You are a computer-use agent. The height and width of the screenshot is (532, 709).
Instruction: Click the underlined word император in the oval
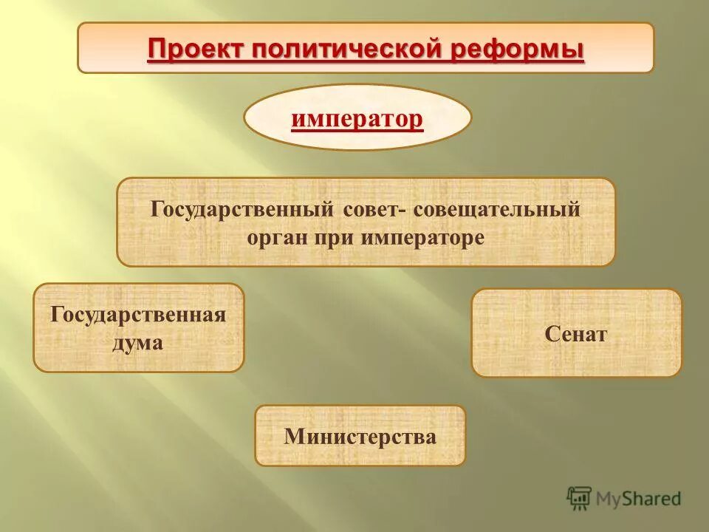tap(357, 118)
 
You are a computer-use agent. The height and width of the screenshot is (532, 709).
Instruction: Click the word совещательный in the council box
tap(496, 209)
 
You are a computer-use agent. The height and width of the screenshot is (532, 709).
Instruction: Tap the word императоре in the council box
tap(423, 238)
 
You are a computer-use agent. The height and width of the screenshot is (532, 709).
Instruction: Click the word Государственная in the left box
tap(138, 314)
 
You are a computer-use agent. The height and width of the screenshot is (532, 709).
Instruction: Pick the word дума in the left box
tap(138, 342)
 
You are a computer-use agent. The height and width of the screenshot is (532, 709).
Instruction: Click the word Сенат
tap(576, 334)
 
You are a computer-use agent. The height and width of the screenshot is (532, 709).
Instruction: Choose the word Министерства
tap(360, 437)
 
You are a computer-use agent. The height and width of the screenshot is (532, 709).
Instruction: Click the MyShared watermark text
tap(639, 499)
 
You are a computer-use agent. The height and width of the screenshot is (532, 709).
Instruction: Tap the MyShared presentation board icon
tap(579, 498)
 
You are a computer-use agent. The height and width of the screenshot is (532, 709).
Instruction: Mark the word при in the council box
tap(338, 238)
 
